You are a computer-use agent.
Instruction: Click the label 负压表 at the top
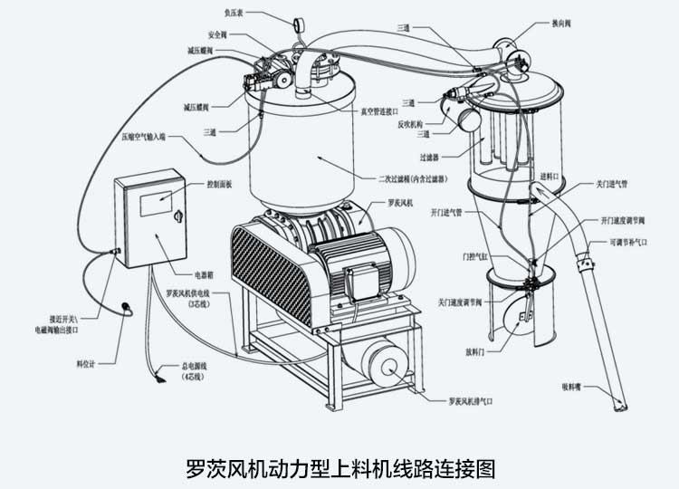tap(233, 14)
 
